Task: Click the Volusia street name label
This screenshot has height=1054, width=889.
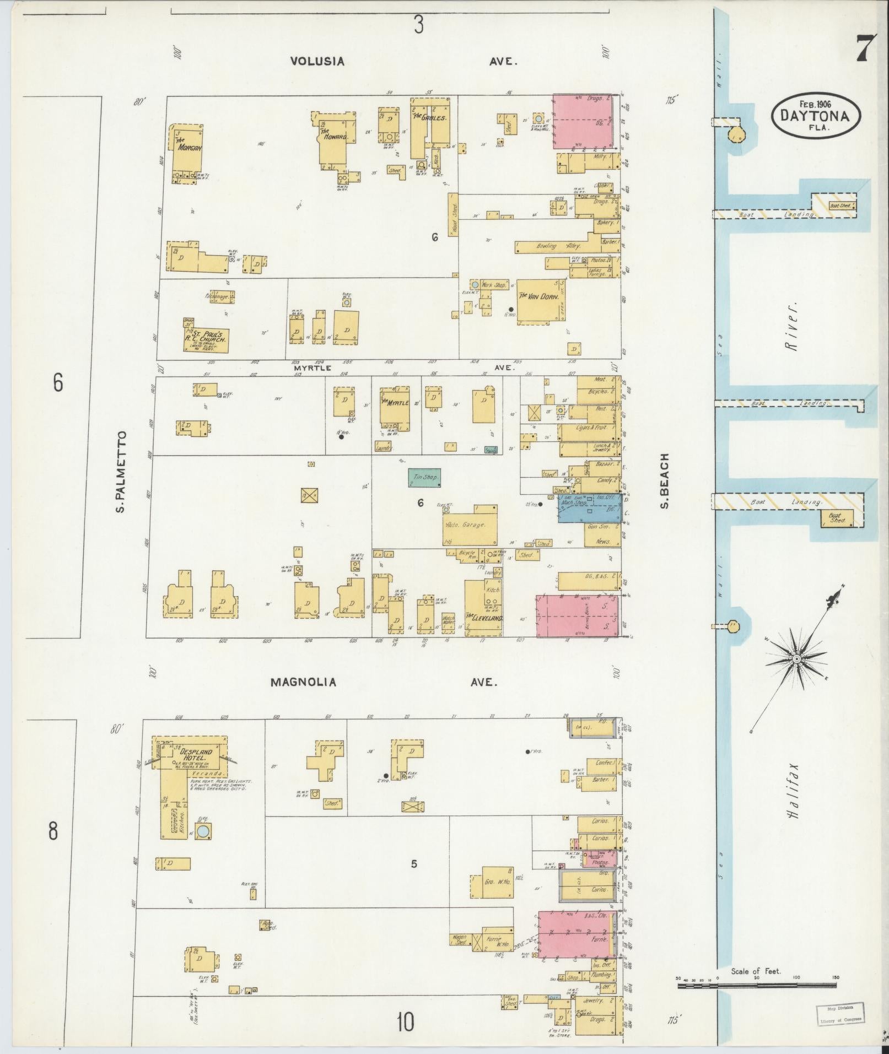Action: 317,61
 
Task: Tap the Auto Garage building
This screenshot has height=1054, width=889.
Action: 470,524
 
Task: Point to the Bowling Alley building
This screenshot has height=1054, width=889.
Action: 553,247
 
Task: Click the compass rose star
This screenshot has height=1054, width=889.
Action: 796,660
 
